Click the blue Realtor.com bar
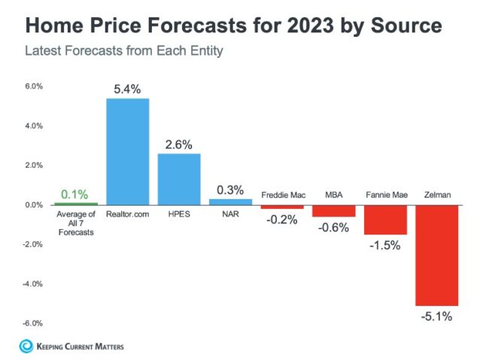(x=127, y=151)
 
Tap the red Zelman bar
(x=436, y=255)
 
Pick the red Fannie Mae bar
(x=385, y=219)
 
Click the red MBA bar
(x=334, y=210)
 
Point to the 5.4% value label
(x=127, y=89)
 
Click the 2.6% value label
(x=179, y=144)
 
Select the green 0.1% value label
(x=76, y=194)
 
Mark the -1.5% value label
(x=385, y=245)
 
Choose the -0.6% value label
(x=334, y=228)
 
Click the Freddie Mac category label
(x=282, y=195)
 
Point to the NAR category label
(x=230, y=214)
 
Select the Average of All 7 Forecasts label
(x=76, y=223)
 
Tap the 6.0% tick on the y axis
(x=33, y=86)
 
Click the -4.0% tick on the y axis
(x=32, y=284)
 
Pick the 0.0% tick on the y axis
(x=33, y=204)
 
